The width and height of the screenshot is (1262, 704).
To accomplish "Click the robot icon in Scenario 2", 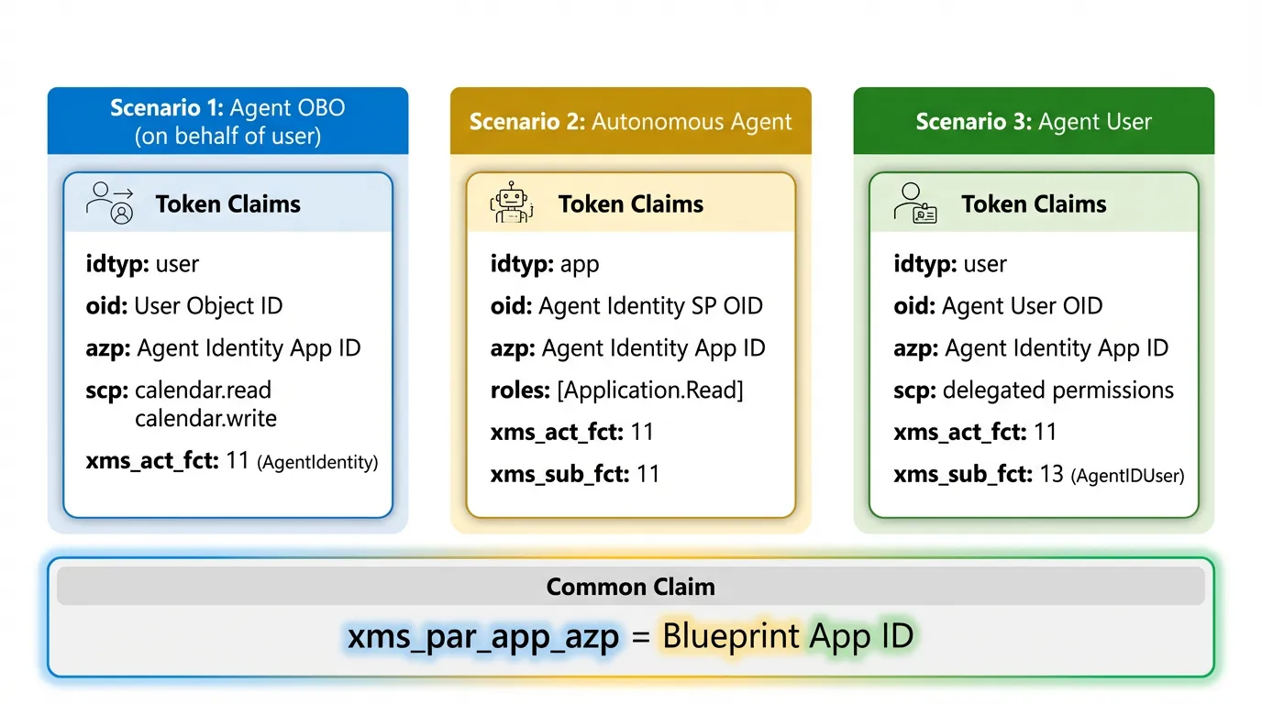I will click(511, 203).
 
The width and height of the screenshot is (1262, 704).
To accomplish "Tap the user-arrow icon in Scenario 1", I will click(110, 203).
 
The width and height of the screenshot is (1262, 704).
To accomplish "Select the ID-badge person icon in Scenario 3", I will click(914, 203).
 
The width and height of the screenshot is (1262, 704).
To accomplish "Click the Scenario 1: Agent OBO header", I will click(227, 121).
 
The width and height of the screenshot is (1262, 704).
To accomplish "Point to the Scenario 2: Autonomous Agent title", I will click(631, 122).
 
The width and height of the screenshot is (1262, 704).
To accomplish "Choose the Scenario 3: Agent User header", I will click(1034, 122).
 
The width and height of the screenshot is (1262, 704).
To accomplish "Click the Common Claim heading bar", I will click(631, 587).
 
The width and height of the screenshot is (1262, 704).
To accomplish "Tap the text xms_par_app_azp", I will click(483, 635).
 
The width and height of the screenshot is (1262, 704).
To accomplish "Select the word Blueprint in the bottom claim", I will click(731, 635).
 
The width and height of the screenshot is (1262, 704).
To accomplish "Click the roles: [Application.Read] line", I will click(616, 390).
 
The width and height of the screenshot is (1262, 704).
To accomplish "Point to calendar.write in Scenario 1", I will click(205, 419).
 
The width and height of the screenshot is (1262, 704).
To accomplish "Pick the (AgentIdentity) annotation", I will click(317, 463).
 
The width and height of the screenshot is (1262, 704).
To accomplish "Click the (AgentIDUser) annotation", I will click(1127, 476).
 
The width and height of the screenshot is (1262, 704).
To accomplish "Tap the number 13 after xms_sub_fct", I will click(1051, 474).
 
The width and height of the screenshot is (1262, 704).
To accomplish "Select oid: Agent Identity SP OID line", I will click(626, 306).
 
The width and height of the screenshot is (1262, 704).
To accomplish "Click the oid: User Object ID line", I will click(184, 306).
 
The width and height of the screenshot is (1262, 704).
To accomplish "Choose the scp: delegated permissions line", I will click(1034, 390).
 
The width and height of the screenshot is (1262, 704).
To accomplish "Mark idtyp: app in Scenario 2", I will click(545, 265).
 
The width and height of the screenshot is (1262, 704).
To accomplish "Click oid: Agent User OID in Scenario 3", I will click(998, 306).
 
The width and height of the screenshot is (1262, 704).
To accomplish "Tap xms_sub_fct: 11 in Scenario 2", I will click(575, 474).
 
